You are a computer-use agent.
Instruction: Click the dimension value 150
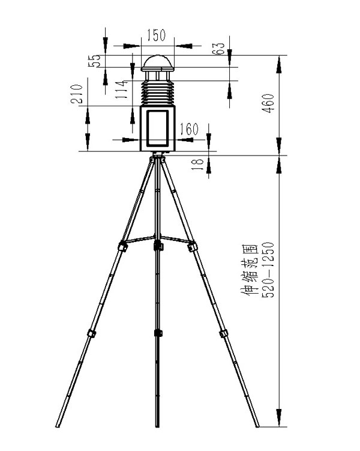[x=157, y=35]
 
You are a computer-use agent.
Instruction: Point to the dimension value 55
[x=95, y=61]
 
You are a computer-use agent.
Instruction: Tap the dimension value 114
[x=122, y=89]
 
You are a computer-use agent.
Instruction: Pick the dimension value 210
[x=77, y=94]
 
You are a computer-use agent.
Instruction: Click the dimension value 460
[x=268, y=103]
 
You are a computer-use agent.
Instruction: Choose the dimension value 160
[x=189, y=129]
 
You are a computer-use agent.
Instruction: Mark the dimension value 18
[x=197, y=165]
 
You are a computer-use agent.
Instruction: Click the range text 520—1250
[x=268, y=270]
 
